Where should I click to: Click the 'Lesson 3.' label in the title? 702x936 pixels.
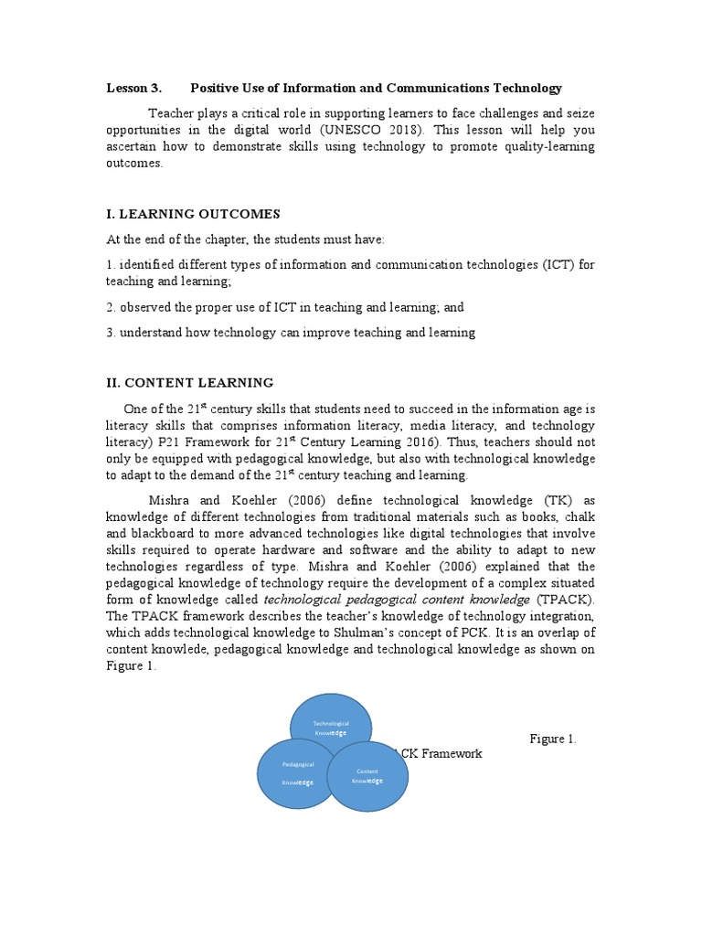pyautogui.click(x=134, y=88)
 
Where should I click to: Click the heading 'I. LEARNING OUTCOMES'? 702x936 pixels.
pyautogui.click(x=193, y=214)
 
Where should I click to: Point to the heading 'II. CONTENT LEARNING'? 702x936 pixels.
pyautogui.click(x=189, y=382)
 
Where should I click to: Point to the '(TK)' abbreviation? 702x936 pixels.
pyautogui.click(x=564, y=500)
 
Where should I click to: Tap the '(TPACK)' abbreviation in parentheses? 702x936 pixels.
pyautogui.click(x=564, y=599)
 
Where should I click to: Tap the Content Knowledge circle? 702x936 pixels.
pyautogui.click(x=368, y=776)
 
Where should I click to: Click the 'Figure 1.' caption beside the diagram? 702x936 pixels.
pyautogui.click(x=553, y=739)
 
